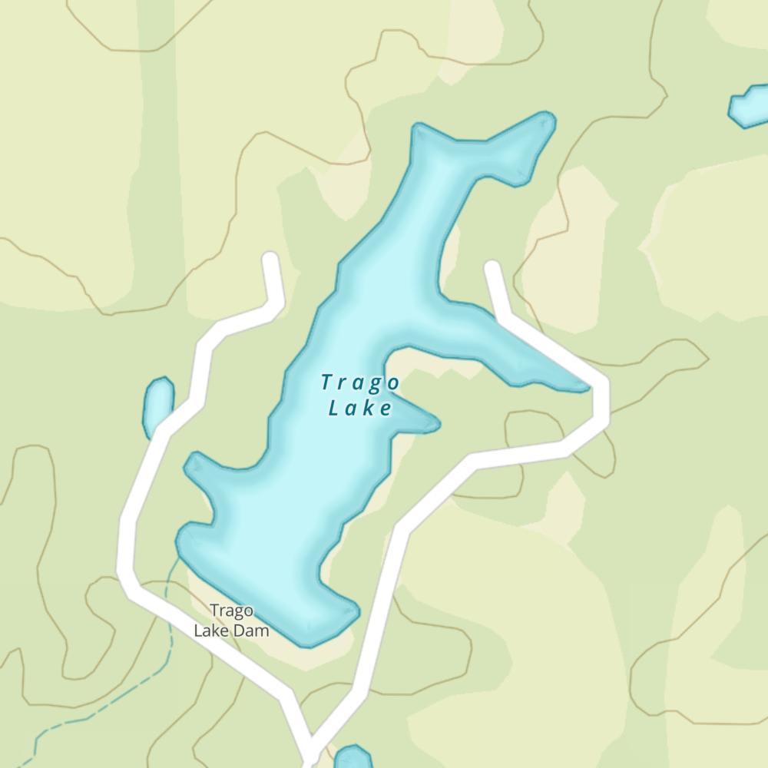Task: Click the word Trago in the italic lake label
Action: tap(360, 382)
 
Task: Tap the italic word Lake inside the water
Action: tap(360, 408)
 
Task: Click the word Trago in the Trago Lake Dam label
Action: tap(231, 611)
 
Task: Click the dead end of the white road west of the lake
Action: tap(270, 259)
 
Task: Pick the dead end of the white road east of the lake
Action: tap(492, 267)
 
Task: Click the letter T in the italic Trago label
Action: tap(327, 382)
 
